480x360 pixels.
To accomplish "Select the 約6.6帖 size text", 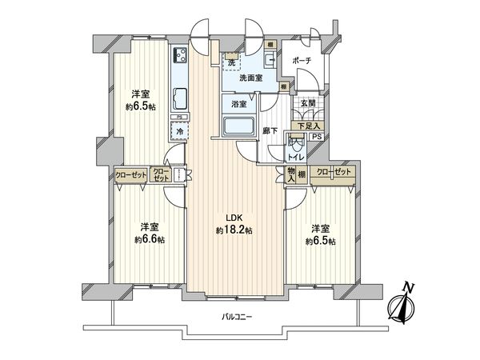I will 150,239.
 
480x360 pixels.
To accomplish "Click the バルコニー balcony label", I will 237,318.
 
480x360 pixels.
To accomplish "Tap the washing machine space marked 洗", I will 231,62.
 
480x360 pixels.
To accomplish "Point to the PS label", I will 317,138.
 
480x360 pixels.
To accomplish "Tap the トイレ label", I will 296,158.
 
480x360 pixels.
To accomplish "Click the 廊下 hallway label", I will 270,130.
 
